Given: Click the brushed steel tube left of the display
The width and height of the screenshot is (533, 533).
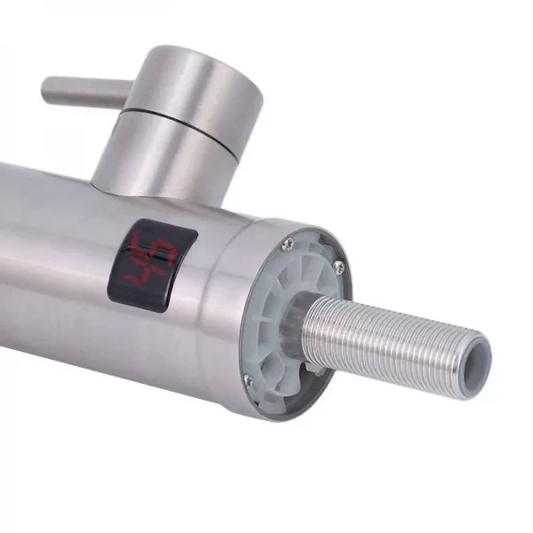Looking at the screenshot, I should pyautogui.click(x=53, y=258).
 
